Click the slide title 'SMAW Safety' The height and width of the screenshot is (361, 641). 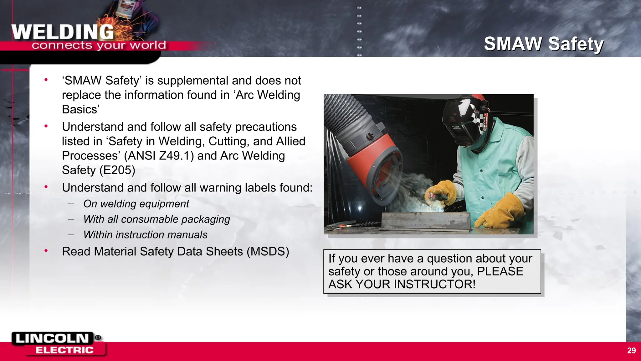544,44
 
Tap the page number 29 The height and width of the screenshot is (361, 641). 631,350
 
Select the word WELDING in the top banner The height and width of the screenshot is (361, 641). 63,32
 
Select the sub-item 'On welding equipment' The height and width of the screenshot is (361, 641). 136,204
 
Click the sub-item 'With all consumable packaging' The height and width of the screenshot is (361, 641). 156,219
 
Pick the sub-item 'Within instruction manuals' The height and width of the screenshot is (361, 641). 145,235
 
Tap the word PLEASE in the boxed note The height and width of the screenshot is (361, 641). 500,271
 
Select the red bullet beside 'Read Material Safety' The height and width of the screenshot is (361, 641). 46,251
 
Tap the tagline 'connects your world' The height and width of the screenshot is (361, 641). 99,45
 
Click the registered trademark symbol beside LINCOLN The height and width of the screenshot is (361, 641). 98,337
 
